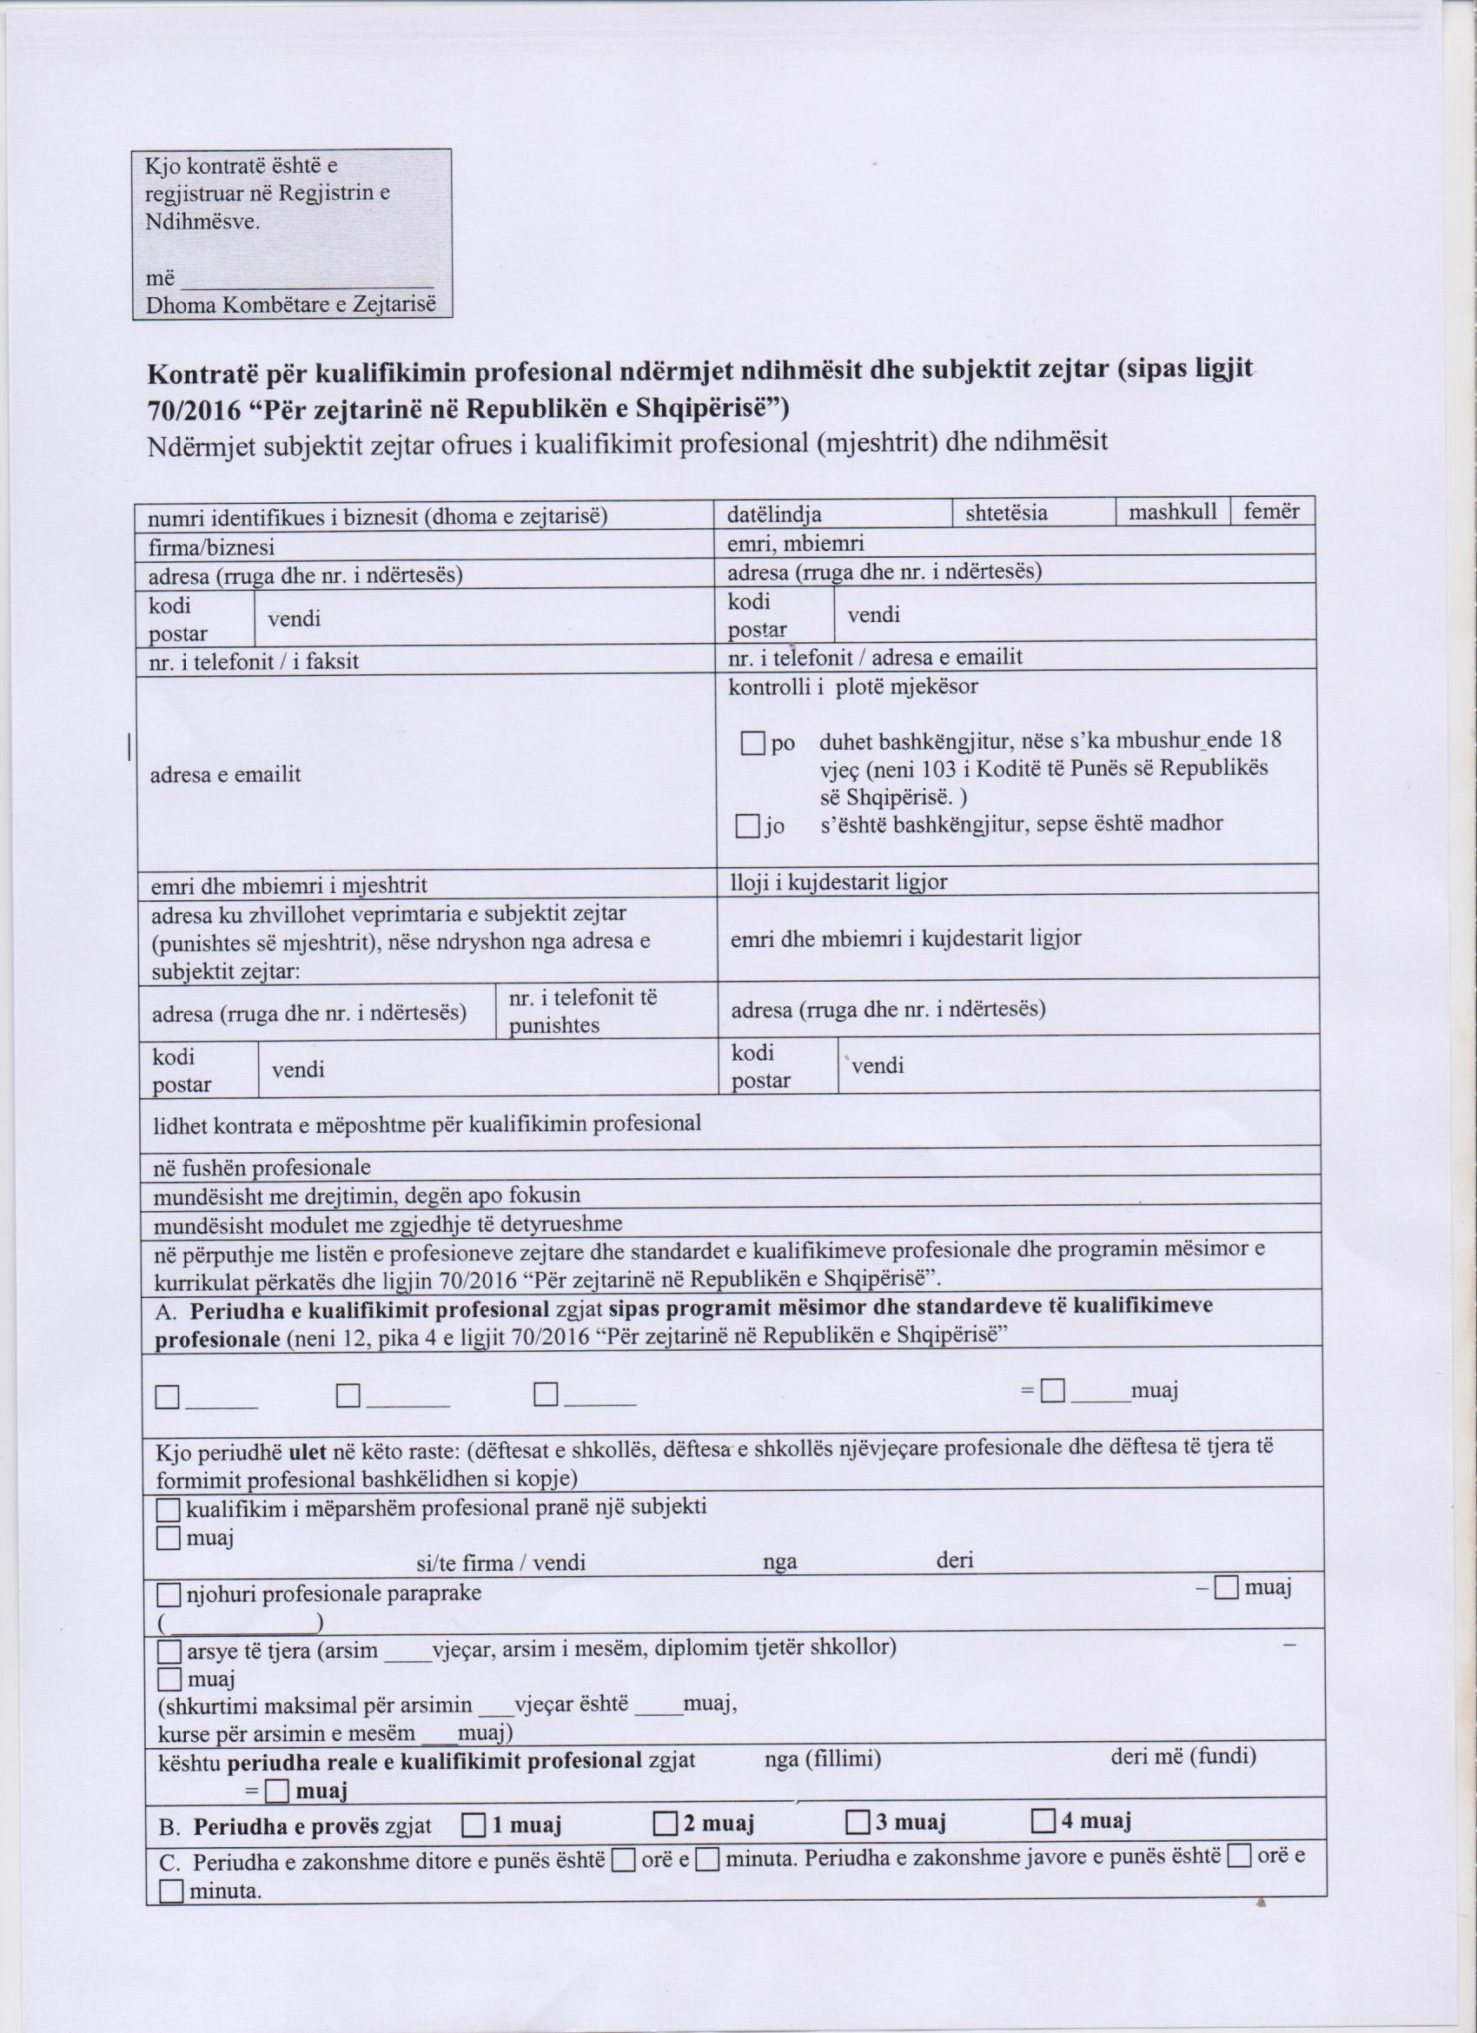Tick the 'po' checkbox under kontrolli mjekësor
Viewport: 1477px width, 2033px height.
[752, 743]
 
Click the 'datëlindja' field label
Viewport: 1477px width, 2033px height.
[774, 514]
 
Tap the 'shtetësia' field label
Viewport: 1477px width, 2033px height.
[1006, 513]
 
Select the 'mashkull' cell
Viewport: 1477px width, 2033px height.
[1172, 512]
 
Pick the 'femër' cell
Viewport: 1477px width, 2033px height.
[1271, 512]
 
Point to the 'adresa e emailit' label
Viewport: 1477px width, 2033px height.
[225, 774]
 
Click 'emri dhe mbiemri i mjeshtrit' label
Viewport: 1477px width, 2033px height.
[288, 885]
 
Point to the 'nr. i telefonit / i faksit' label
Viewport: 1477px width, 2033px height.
[254, 661]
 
